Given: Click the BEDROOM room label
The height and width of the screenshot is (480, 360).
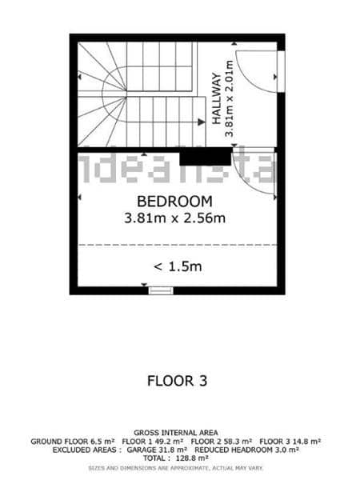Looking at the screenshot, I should coord(174,201).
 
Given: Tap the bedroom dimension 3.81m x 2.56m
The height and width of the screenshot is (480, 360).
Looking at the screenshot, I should coord(174,217).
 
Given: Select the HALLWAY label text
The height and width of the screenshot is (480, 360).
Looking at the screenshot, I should coord(216,96).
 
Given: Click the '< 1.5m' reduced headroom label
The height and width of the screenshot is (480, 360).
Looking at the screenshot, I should coord(178,266).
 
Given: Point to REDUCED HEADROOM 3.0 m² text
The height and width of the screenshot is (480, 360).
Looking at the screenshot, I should coord(246,450).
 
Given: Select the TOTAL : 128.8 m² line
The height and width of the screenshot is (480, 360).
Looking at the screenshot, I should coord(177,459).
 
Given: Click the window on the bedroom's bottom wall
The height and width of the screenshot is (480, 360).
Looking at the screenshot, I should coord(161,291).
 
